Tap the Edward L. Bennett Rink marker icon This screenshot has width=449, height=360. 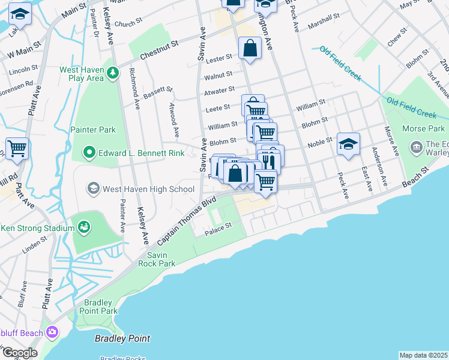tap(89, 152)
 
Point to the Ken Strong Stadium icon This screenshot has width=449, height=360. tap(83, 227)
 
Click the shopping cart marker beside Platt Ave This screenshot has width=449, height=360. tap(17, 147)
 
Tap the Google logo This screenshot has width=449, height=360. tap(19, 353)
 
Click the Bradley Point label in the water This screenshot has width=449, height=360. tap(122, 338)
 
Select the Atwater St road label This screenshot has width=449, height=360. tap(219, 90)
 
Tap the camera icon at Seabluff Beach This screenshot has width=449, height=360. tap(52, 331)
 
